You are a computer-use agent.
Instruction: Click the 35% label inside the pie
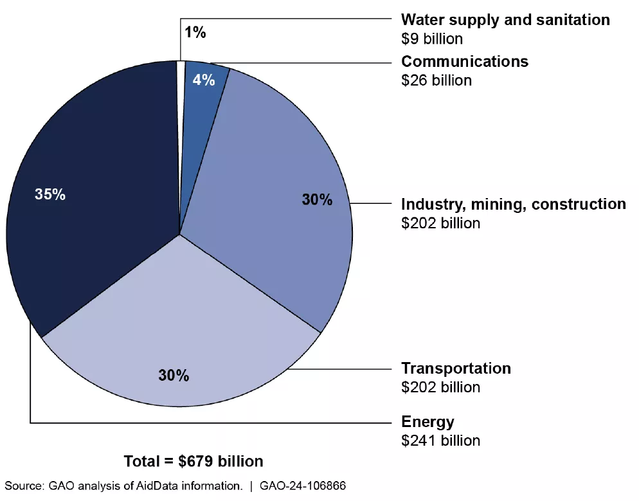click(x=50, y=194)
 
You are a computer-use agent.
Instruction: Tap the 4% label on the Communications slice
click(x=204, y=82)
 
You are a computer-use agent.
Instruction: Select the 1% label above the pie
click(x=195, y=33)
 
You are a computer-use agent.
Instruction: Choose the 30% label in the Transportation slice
click(x=174, y=376)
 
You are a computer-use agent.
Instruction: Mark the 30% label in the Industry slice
click(x=317, y=200)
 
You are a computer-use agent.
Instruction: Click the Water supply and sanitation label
click(x=505, y=20)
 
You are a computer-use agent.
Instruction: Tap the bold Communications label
click(x=464, y=62)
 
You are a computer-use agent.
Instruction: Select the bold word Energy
click(x=428, y=422)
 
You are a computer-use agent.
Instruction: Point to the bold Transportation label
click(x=456, y=368)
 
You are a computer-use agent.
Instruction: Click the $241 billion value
click(x=440, y=441)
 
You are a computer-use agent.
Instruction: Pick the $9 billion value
click(x=431, y=39)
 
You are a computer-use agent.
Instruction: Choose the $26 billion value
click(x=436, y=80)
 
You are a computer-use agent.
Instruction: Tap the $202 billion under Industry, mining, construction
click(x=440, y=223)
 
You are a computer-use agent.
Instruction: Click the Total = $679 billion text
click(x=194, y=461)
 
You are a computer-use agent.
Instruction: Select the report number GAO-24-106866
click(x=303, y=486)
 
